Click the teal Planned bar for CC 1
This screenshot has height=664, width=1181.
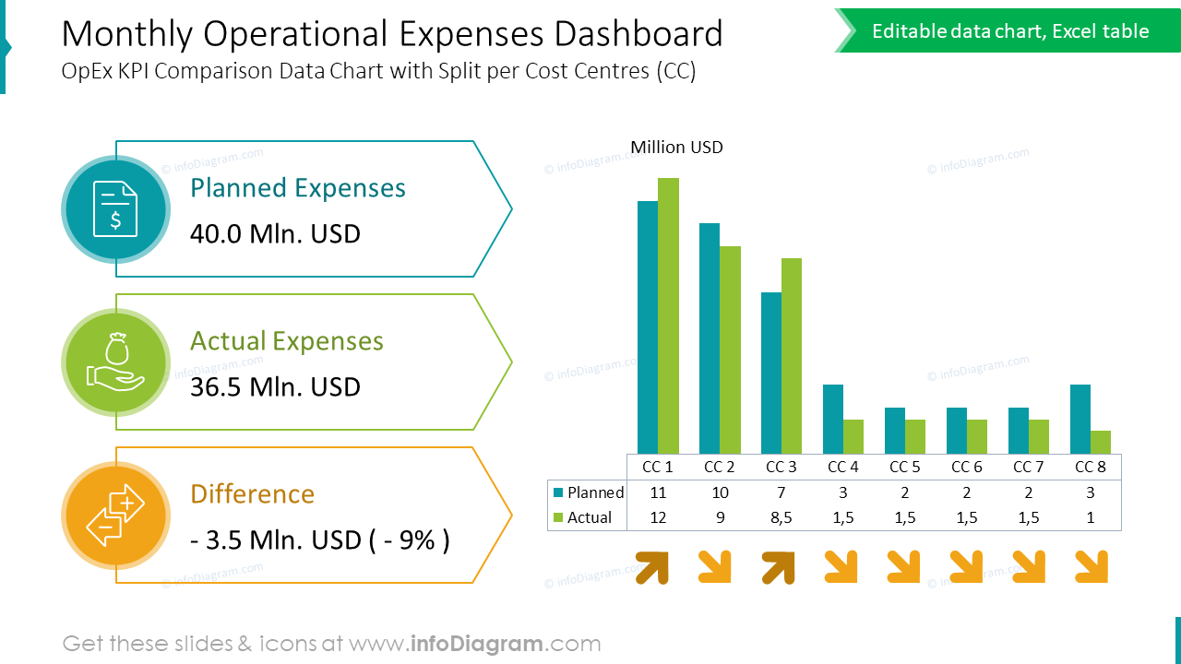click(x=648, y=326)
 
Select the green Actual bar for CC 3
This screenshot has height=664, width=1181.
click(x=792, y=355)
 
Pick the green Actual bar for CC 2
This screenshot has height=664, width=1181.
click(x=730, y=350)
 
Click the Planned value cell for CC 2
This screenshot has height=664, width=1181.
click(x=720, y=492)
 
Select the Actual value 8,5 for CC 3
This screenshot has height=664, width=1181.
click(x=781, y=517)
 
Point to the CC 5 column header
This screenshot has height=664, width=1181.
click(x=905, y=467)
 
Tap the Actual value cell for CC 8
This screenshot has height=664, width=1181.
click(x=1091, y=517)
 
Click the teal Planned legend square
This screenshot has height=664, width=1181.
click(x=557, y=492)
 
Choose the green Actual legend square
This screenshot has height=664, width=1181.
click(x=557, y=517)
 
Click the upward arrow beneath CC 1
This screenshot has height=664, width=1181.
click(x=652, y=567)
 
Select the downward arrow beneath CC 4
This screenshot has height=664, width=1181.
click(x=840, y=567)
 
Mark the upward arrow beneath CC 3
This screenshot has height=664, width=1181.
click(x=779, y=567)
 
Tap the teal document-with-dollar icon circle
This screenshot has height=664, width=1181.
click(x=115, y=209)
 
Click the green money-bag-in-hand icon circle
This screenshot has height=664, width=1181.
click(x=115, y=362)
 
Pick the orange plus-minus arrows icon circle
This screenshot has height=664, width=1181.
click(x=115, y=516)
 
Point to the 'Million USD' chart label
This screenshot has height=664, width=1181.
click(x=676, y=148)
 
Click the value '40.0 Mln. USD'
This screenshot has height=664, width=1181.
click(x=275, y=234)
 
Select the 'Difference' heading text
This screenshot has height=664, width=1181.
click(x=252, y=494)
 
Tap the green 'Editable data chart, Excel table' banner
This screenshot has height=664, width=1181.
click(x=1010, y=31)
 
